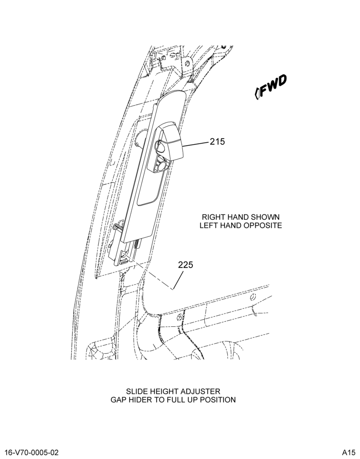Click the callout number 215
point(217,142)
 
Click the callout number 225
point(186,265)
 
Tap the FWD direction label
point(274,86)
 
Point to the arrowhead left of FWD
point(257,93)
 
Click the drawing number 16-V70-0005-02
point(32,453)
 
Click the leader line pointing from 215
point(196,144)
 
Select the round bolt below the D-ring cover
point(162,166)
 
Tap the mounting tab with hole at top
point(187,65)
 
